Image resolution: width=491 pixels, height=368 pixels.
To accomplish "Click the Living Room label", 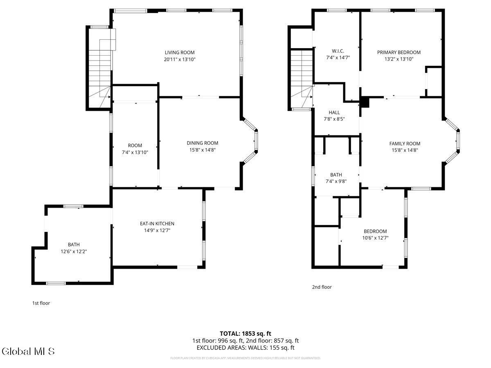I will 180,52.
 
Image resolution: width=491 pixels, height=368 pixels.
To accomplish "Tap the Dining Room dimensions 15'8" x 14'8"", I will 202,150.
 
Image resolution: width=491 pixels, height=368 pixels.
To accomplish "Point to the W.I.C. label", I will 338,51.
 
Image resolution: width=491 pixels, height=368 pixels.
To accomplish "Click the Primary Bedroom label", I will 399,52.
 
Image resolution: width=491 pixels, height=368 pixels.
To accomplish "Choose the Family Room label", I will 404,144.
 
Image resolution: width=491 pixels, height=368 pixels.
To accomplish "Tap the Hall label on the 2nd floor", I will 334,112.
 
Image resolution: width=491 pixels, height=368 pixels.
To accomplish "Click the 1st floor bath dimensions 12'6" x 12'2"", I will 74,252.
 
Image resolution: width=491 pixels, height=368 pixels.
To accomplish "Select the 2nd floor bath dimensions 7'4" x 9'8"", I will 336,182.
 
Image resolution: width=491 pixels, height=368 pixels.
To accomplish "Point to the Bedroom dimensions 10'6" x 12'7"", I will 375,238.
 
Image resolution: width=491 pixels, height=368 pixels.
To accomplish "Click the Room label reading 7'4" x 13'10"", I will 135,152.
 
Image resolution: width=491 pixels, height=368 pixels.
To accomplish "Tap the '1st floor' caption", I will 41,303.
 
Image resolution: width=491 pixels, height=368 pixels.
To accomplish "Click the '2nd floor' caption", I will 322,287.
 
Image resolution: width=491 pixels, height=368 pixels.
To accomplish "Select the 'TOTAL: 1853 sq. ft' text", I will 245,333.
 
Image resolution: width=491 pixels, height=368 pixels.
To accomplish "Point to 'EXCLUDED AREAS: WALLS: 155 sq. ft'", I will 245,348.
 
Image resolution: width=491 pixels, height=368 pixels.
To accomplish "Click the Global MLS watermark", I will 28,351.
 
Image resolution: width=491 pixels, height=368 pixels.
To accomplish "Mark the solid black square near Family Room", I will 365,103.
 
